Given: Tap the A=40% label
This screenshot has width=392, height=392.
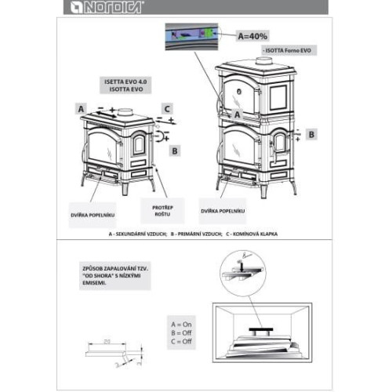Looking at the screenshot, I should (x=252, y=34).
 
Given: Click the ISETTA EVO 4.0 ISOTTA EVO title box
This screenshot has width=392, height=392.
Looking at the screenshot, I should (x=124, y=85).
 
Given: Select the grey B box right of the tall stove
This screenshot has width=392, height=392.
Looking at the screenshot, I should (x=312, y=135).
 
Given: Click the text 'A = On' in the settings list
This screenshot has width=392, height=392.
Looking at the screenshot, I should (x=181, y=323).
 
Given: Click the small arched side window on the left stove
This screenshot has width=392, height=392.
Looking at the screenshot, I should (x=139, y=144).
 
